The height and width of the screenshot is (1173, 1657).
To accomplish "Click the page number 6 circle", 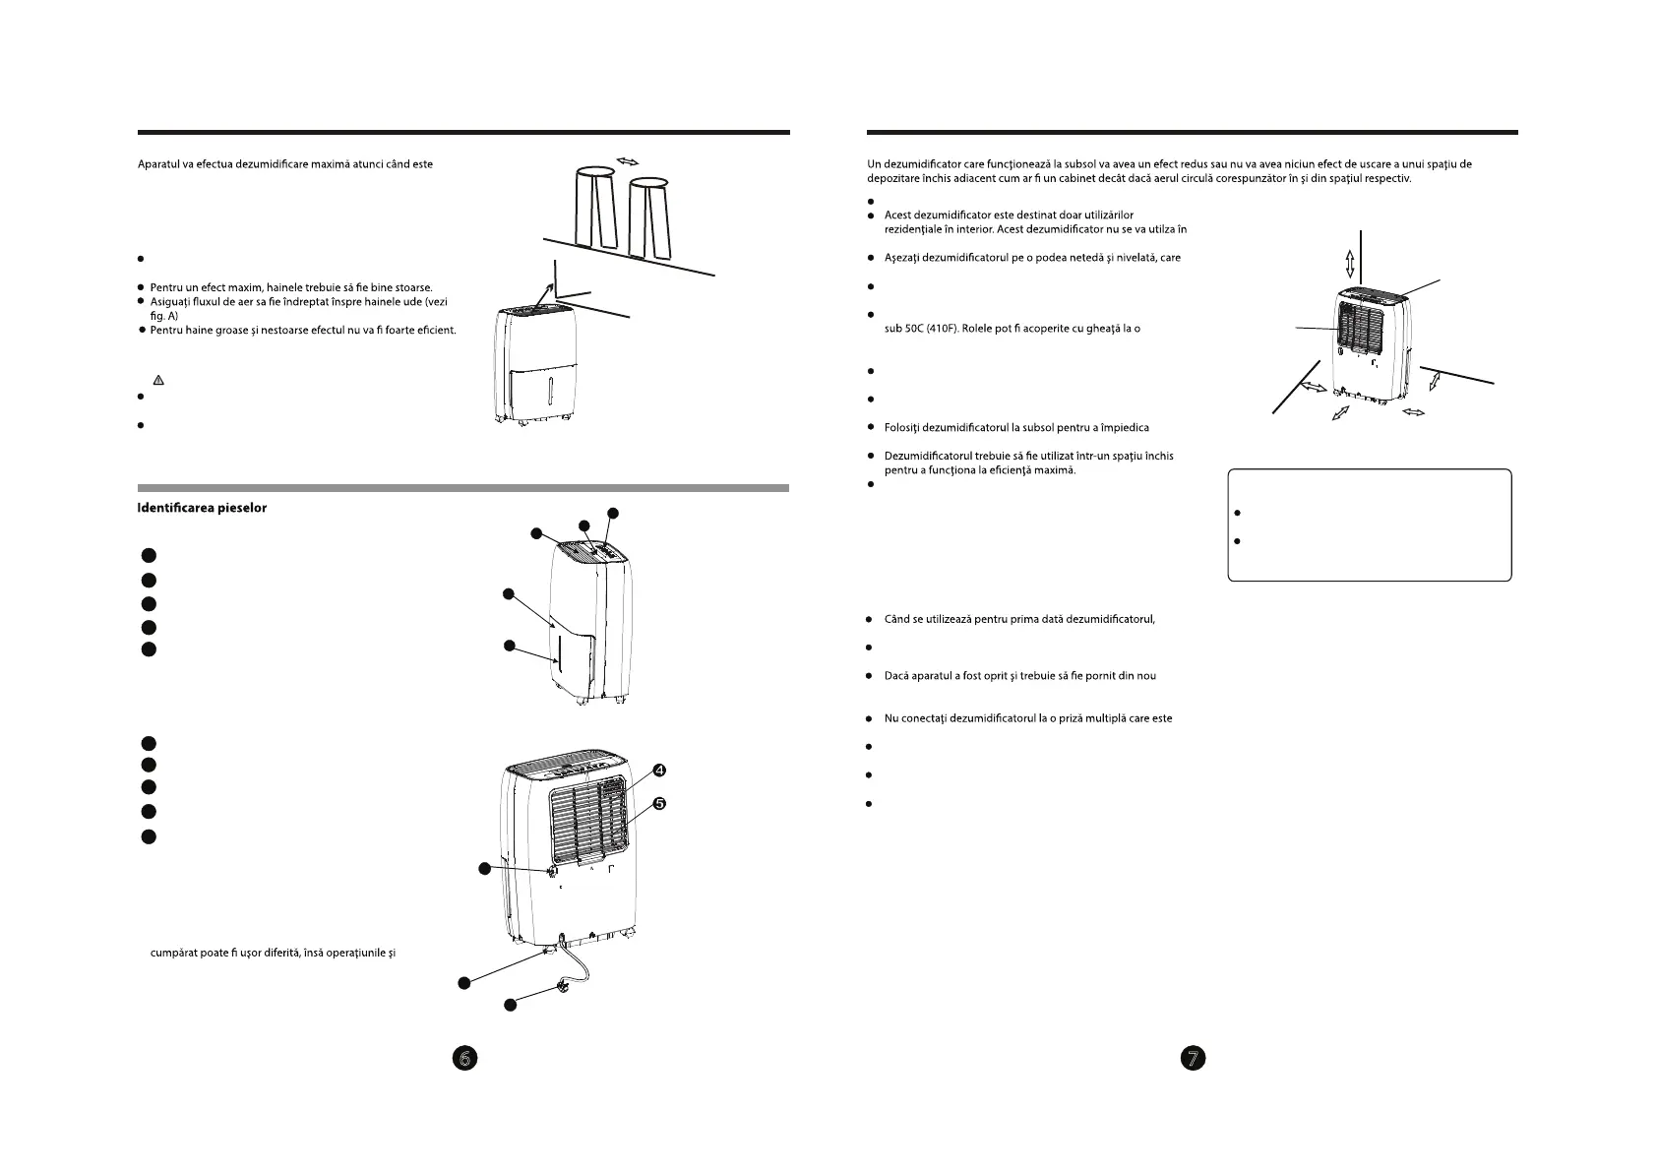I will point(465,1058).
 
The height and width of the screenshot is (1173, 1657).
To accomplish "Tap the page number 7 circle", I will point(1193,1058).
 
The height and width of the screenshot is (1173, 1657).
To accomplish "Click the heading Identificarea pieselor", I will point(202,508).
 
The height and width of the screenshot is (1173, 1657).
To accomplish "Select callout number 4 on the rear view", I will point(660,769).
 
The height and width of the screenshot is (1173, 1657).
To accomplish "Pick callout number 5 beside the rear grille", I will point(660,804).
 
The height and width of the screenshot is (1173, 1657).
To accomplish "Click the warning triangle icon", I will point(156,380).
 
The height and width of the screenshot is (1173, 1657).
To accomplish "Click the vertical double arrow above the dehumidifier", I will point(1350,263).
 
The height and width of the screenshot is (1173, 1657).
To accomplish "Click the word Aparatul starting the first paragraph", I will point(159,163).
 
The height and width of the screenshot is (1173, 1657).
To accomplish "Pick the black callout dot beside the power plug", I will point(511,1005).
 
